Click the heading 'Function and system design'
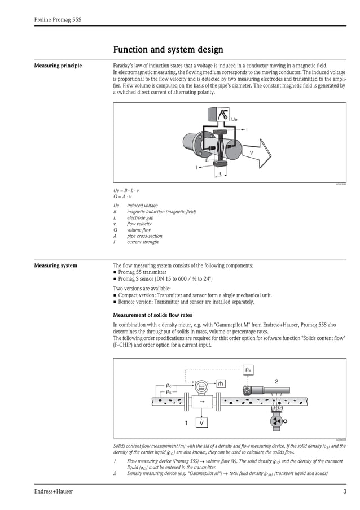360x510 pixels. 168,50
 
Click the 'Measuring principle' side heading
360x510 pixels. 58,66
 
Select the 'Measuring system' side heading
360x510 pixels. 56,265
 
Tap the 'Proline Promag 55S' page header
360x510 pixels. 58,20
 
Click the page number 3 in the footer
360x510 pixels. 344,491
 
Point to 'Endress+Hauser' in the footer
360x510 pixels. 54,491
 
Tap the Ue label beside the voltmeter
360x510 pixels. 234,120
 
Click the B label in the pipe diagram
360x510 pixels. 207,160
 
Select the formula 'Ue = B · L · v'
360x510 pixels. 126,191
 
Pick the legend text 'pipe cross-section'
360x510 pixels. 144,236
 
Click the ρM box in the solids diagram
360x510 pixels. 249,370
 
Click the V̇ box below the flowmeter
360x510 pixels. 201,422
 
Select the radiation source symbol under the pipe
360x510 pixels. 276,421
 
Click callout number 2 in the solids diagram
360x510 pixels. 276,382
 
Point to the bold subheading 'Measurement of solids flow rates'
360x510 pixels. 153,315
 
